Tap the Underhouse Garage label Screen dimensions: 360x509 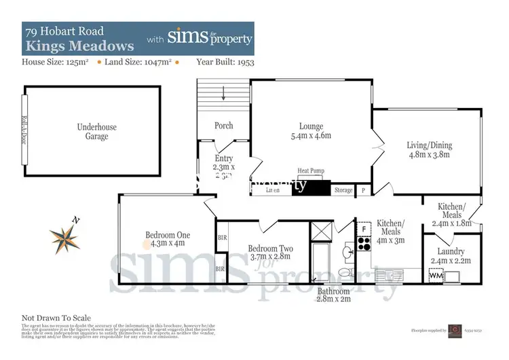(x=92, y=131)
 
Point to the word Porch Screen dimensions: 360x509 (x=223, y=126)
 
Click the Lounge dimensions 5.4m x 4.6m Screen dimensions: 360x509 (x=312, y=136)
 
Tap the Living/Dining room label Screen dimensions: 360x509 (x=429, y=145)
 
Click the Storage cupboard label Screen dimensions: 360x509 (x=343, y=190)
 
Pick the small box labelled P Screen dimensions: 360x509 (x=364, y=191)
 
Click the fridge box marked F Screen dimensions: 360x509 (x=363, y=230)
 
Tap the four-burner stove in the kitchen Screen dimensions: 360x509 (x=362, y=247)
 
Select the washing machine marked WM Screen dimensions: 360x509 (x=434, y=276)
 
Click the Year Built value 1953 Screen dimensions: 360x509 (x=237, y=62)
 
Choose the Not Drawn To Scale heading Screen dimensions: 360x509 (x=56, y=318)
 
